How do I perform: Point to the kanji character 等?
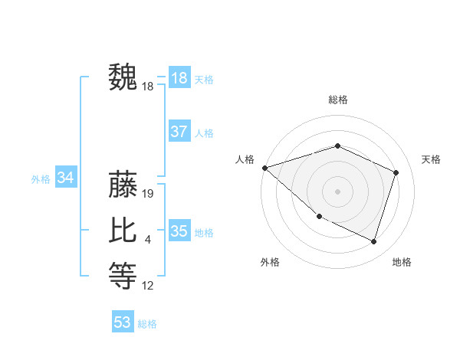coord(123,276)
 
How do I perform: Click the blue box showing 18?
coord(179,78)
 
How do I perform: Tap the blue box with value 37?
coord(179,132)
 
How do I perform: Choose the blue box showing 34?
coord(65,178)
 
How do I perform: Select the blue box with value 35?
coord(179,231)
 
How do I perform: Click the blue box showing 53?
coord(123,322)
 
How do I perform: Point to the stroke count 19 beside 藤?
coord(148,194)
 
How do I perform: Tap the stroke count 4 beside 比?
coord(148,241)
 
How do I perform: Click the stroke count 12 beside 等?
coord(148,286)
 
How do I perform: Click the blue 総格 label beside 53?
coord(147,324)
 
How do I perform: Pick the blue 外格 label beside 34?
coord(41,179)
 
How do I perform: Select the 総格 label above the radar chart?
coord(337,100)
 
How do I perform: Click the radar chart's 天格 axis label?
coord(431,159)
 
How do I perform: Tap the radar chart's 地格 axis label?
coord(402,262)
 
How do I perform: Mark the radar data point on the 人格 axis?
coord(264,167)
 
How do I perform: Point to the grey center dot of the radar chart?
coord(337,191)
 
